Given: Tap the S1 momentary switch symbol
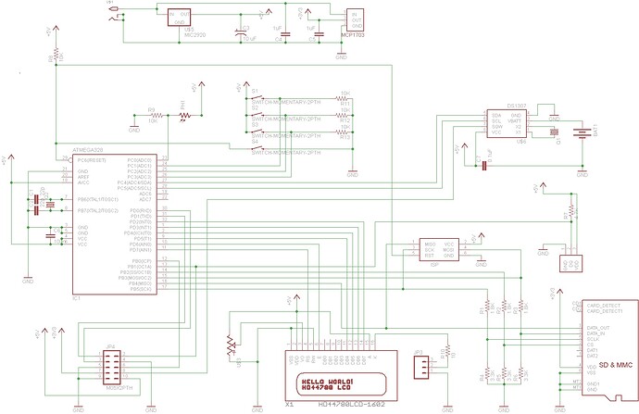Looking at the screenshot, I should [262, 97].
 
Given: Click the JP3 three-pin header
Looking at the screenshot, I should [420, 368].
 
